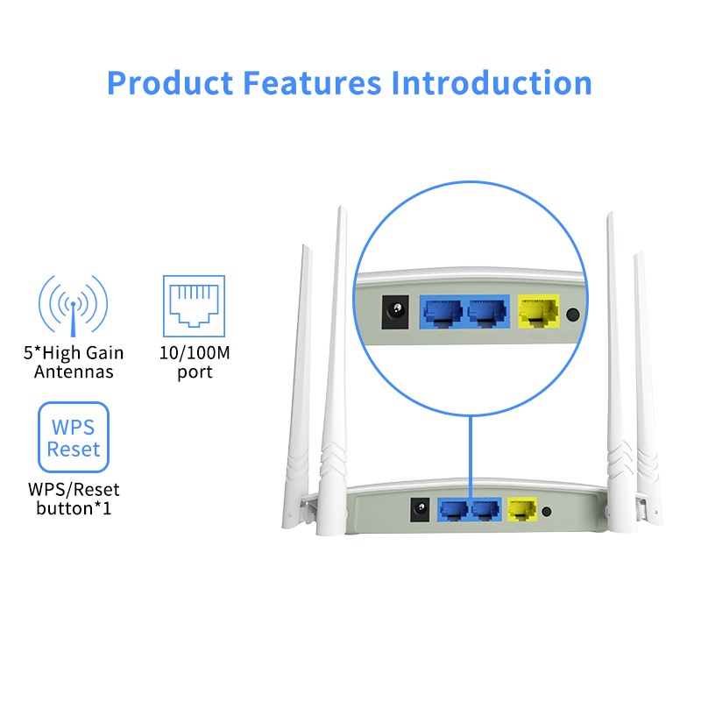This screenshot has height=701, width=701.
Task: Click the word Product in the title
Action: pos(169,83)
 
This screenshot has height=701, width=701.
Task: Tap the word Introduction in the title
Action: pos(492,83)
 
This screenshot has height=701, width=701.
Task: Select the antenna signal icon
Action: pos(74,307)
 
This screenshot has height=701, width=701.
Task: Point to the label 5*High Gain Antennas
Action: pos(74,363)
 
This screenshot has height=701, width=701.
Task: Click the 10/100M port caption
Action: pos(194,363)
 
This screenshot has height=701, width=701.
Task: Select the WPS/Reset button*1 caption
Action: pos(74,498)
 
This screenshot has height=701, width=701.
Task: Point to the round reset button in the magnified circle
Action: pos(574,315)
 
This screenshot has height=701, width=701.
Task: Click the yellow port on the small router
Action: pos(522,509)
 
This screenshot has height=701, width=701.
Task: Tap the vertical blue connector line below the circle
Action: pos(471,456)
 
